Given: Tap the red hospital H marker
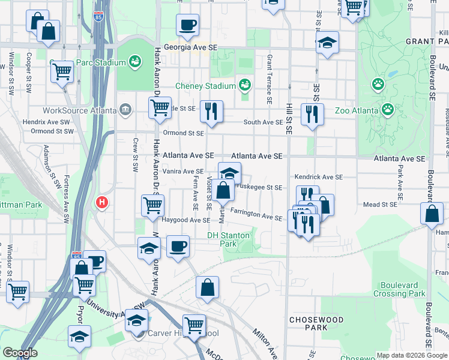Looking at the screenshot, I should [102, 203].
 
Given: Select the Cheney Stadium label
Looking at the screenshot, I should [205, 86].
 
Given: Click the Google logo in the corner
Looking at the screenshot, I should [20, 353].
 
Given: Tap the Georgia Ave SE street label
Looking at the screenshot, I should [189, 46].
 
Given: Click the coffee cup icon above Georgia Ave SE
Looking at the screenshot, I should [187, 25].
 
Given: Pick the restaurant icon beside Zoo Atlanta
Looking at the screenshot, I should [312, 114].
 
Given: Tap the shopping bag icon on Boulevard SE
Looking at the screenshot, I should [432, 214].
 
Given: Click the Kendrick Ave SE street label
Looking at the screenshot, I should [318, 178].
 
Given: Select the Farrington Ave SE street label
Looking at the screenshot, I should [256, 218].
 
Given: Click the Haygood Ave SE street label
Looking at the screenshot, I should [184, 220].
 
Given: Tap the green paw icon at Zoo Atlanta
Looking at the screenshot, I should [388, 109].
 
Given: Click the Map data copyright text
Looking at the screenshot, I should [412, 355].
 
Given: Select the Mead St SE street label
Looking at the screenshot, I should [380, 205].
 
